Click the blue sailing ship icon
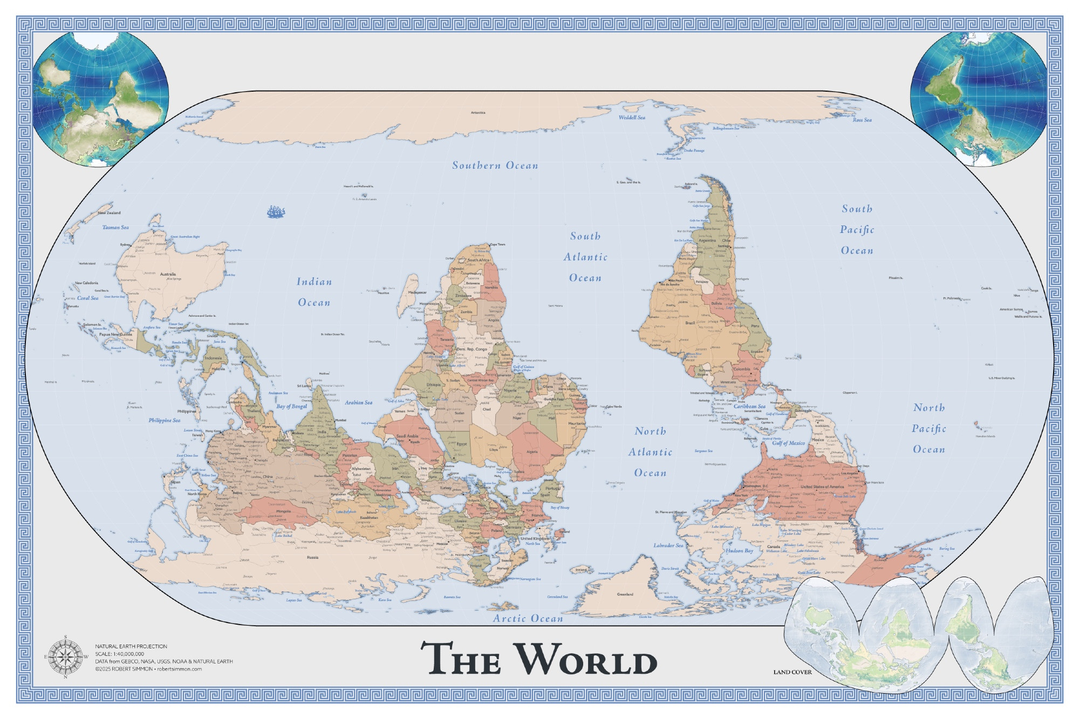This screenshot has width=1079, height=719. [x=276, y=211]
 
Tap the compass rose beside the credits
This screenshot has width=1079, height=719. [x=65, y=656]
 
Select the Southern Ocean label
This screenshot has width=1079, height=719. [x=495, y=166]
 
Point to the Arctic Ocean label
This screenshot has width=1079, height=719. [x=528, y=619]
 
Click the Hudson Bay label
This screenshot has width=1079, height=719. [x=739, y=551]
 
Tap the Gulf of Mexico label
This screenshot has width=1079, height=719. [x=788, y=443]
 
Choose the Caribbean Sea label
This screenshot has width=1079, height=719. [x=749, y=406]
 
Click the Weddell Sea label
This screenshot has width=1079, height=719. [x=632, y=117]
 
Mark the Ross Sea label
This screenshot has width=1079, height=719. [x=862, y=120]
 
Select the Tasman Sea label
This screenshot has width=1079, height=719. [x=115, y=227]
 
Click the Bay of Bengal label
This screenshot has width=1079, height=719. [x=291, y=406]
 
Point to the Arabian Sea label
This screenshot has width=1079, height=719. [x=358, y=402]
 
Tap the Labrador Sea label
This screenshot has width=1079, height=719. [x=668, y=545]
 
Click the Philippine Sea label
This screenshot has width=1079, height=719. [x=165, y=420]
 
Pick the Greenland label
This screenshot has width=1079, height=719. [x=625, y=594]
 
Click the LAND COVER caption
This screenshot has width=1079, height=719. [x=792, y=672]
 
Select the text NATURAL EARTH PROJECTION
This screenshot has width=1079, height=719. [x=131, y=646]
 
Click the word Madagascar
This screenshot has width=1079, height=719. [x=417, y=292]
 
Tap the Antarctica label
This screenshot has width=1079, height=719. [x=478, y=113]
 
